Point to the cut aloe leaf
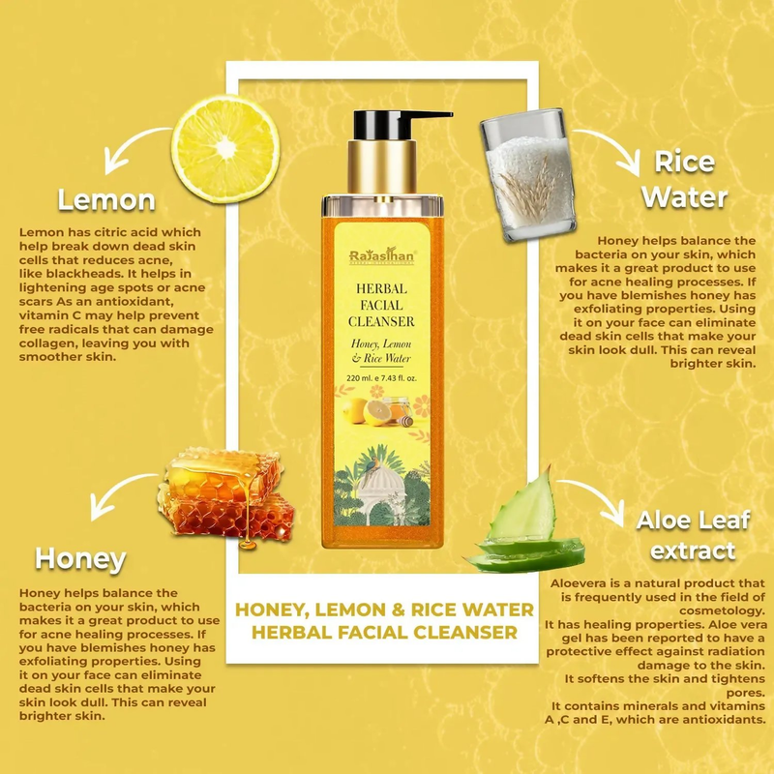pyautogui.click(x=527, y=527)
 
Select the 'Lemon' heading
pyautogui.click(x=105, y=200)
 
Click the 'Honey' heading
pyautogui.click(x=80, y=558)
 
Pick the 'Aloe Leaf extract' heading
pyautogui.click(x=693, y=535)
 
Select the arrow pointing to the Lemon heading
pyautogui.click(x=135, y=145)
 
